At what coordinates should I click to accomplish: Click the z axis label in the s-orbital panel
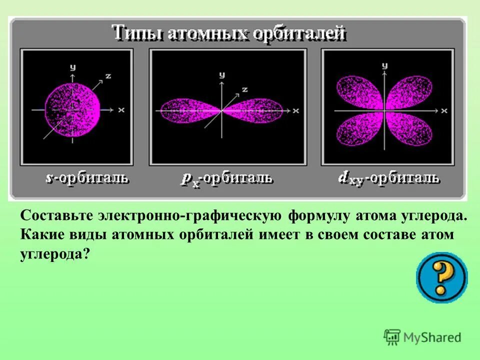107,76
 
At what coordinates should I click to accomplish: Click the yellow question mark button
441,277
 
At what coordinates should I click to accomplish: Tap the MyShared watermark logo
422,337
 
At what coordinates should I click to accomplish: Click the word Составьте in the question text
56,216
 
